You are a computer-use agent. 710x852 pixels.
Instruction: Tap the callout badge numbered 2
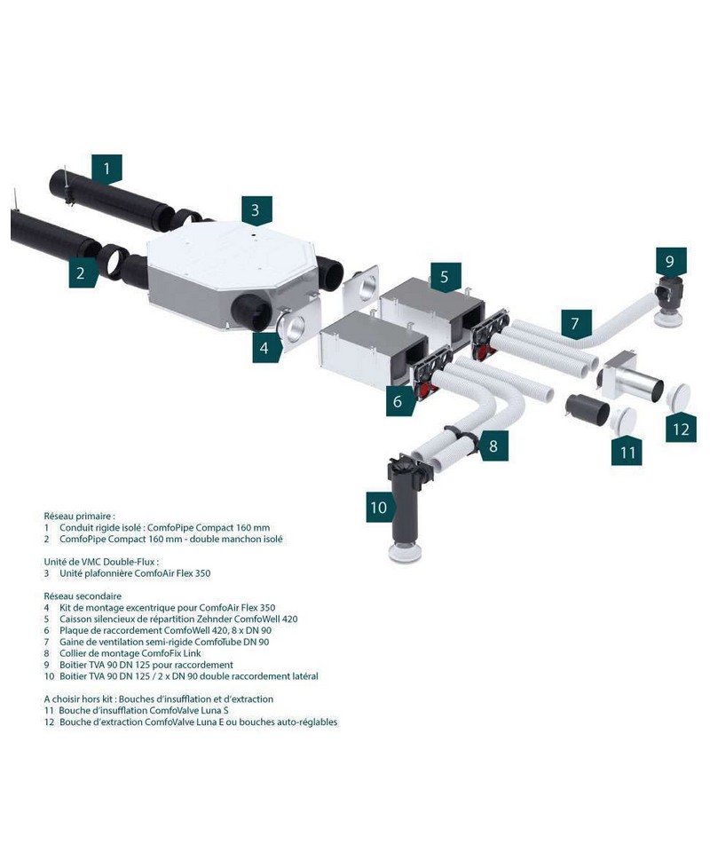coord(81,272)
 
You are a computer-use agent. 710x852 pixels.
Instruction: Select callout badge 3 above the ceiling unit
coord(256,210)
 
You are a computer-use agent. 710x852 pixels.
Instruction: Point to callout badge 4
coord(264,348)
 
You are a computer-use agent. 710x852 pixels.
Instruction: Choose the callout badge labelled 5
coord(444,277)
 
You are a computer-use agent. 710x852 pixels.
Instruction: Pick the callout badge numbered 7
coord(574,323)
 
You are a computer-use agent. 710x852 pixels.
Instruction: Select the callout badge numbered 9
coord(670,262)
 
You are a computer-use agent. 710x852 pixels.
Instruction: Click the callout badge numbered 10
coord(379,508)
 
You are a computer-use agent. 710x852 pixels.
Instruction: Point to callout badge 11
coord(627,452)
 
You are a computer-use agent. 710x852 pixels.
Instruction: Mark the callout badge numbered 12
coord(681,430)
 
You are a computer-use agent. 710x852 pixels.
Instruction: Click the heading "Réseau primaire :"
coord(80,516)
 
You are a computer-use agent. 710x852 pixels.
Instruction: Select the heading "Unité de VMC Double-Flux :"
coord(101,562)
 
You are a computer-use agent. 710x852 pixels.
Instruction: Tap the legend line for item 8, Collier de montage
coord(130,653)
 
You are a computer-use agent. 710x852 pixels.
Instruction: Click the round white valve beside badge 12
coord(681,396)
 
